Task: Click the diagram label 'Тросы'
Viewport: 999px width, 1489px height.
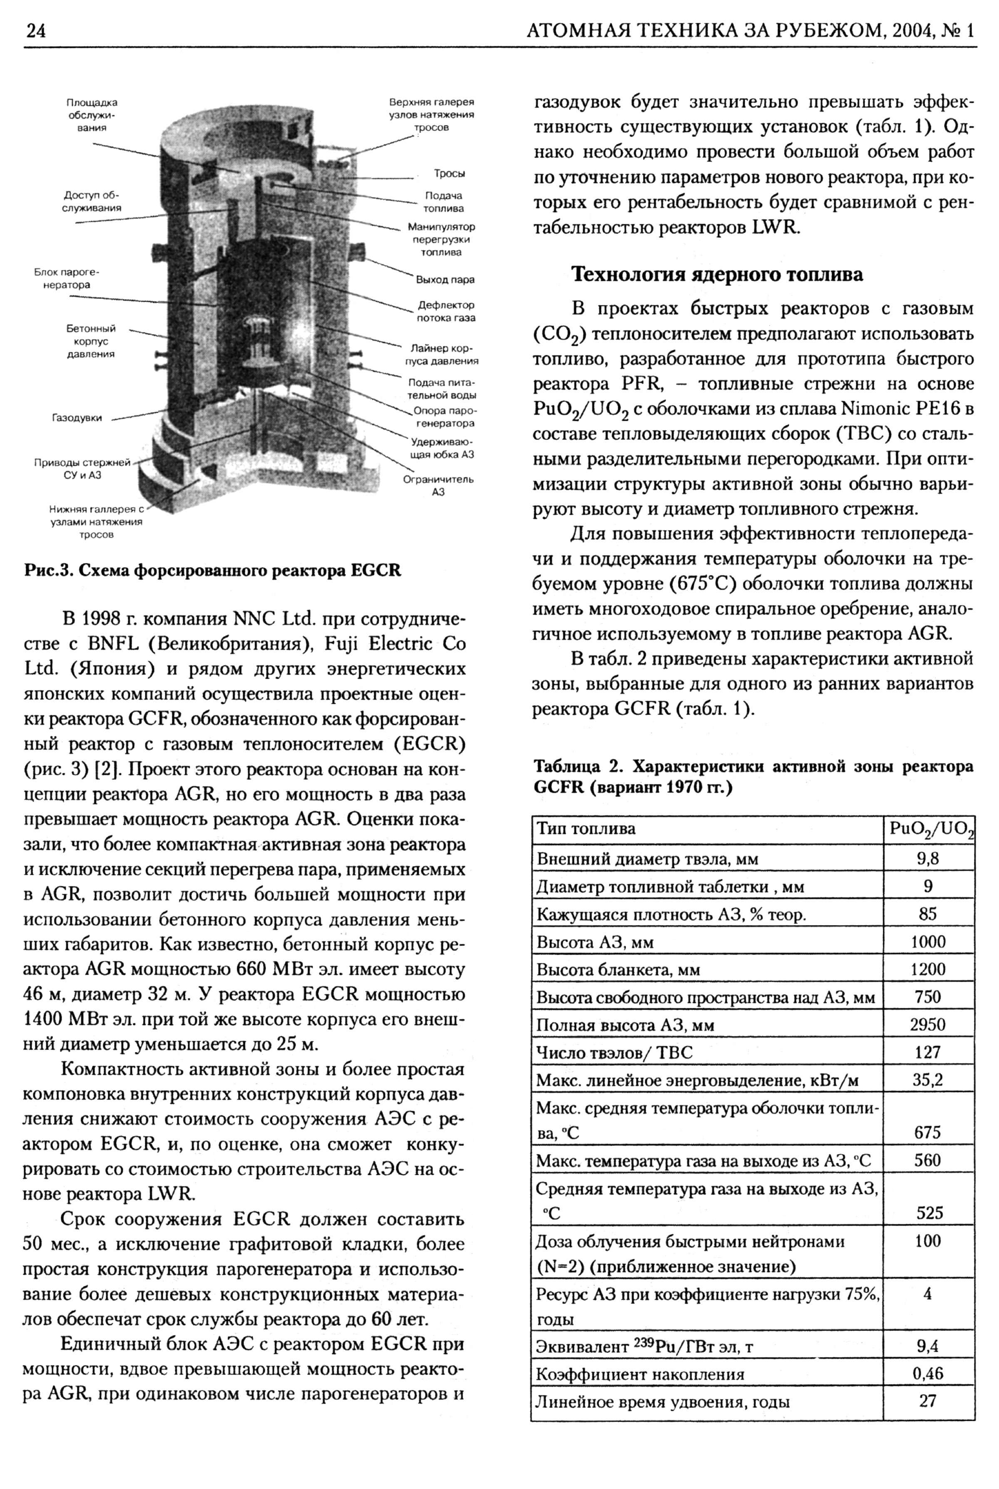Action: coord(449,173)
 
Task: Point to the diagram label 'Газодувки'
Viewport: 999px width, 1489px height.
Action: coord(77,418)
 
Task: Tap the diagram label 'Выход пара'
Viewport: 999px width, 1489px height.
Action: coord(445,280)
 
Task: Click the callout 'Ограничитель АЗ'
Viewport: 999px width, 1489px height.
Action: coord(438,485)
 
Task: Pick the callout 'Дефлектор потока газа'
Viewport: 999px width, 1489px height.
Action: coord(446,311)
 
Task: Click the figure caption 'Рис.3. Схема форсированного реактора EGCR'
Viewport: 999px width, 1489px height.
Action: coord(212,570)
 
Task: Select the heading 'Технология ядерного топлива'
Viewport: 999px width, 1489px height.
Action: coord(717,275)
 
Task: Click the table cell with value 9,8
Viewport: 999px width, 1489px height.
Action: coord(928,859)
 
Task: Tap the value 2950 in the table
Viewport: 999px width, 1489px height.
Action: coord(928,1025)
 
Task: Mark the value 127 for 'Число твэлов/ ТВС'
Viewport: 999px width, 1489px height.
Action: coord(928,1052)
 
